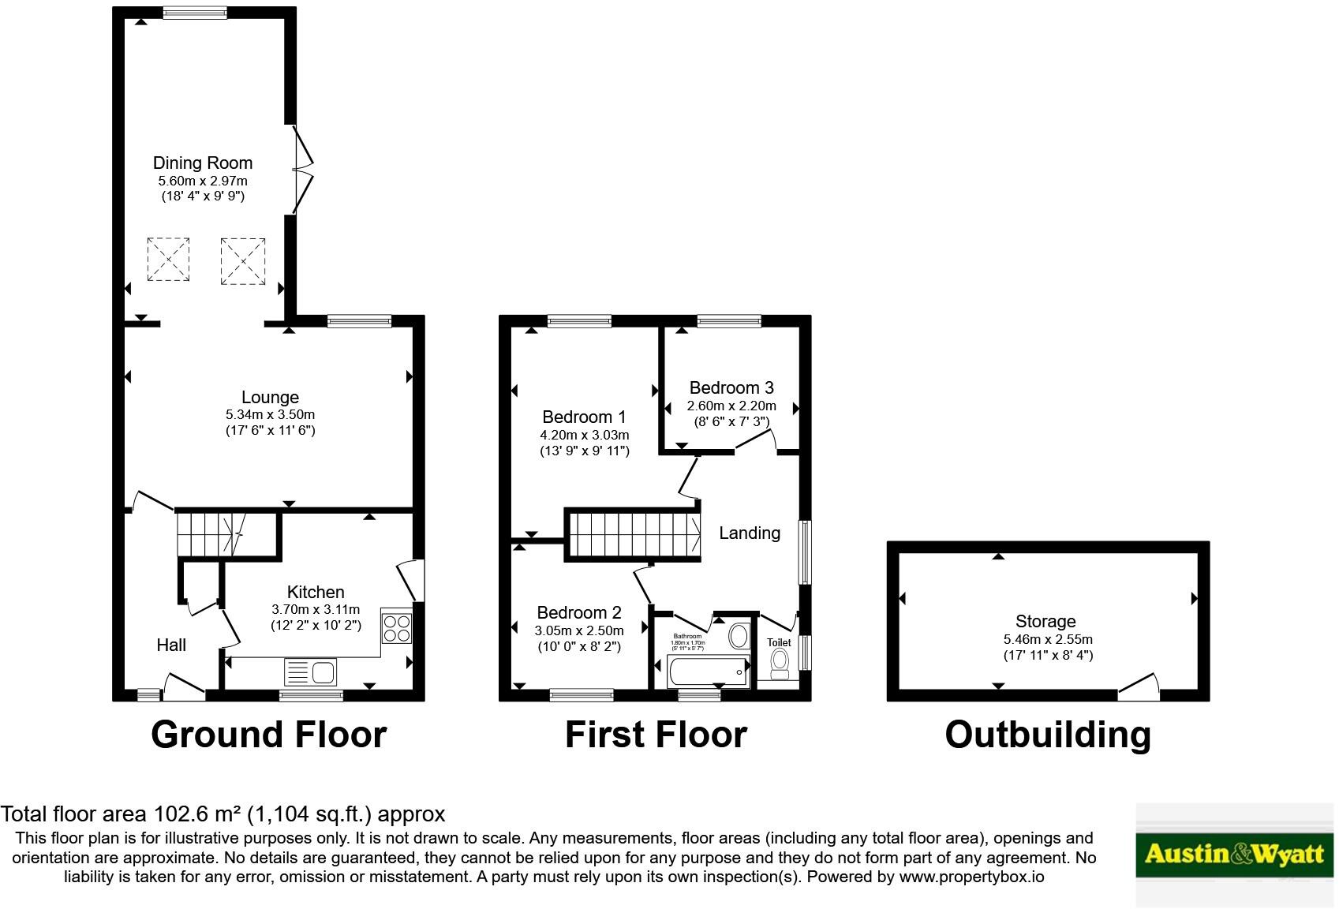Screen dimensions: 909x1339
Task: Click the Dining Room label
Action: click(203, 163)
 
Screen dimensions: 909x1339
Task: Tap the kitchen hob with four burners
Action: click(396, 627)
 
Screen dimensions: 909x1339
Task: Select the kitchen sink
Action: click(311, 673)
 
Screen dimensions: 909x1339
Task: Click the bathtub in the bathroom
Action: click(708, 672)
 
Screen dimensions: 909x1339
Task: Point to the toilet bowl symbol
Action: click(780, 664)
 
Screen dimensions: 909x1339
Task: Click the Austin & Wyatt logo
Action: click(1234, 854)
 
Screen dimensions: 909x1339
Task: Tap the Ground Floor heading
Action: click(268, 735)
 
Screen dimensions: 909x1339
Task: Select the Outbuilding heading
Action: click(1047, 735)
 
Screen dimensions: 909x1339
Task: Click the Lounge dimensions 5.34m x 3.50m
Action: click(270, 414)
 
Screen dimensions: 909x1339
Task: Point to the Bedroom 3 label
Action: click(731, 387)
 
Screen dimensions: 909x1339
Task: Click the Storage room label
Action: click(1045, 621)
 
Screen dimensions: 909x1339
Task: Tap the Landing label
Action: click(750, 533)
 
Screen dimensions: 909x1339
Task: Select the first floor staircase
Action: click(633, 535)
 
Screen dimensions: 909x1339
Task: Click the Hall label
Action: click(171, 645)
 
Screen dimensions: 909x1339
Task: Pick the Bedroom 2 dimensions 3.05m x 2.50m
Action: click(579, 630)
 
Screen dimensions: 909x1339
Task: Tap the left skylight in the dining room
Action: click(168, 260)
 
